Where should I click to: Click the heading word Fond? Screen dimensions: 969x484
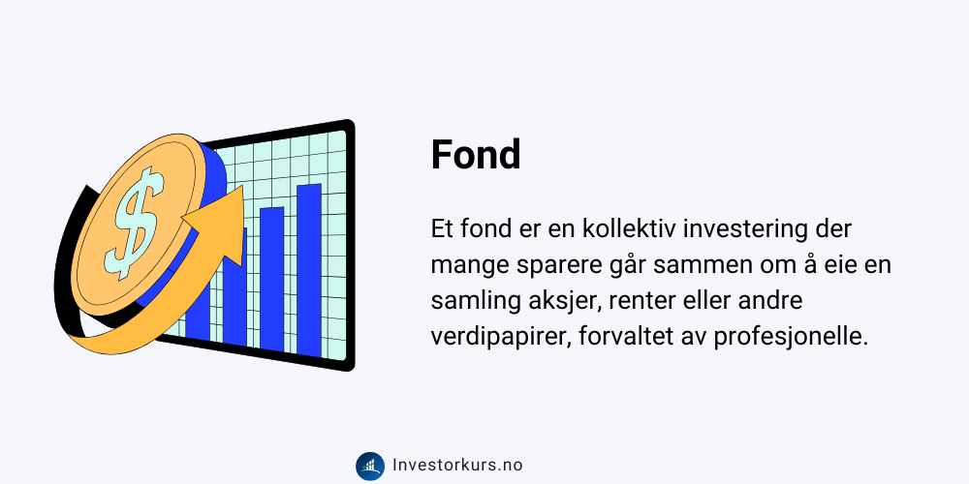(x=476, y=154)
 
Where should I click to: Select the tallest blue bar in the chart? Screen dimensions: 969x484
(x=309, y=270)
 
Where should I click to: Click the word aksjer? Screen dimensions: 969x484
(x=564, y=302)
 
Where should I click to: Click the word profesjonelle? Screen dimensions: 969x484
(x=787, y=338)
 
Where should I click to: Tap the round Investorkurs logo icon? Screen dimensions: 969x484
(x=370, y=467)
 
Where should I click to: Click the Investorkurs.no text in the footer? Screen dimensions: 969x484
(x=457, y=466)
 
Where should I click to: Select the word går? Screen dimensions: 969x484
(x=619, y=267)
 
